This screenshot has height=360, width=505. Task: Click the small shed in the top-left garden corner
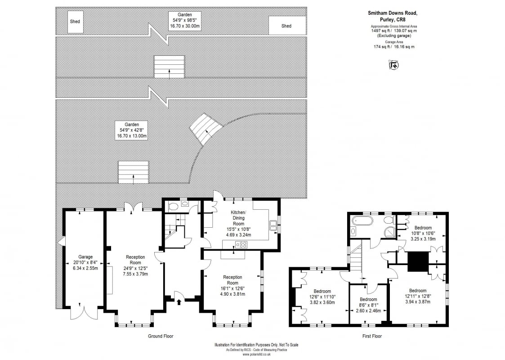point(75,22)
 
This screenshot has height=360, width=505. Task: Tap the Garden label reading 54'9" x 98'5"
point(185,20)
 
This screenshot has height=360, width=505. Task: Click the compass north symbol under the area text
point(393,65)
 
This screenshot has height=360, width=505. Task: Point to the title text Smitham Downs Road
point(393,13)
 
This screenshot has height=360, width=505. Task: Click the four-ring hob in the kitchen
point(241,245)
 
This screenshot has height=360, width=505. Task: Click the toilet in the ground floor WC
point(173,206)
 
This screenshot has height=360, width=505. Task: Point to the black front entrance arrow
point(179,301)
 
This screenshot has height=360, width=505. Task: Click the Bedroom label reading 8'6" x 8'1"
point(368,305)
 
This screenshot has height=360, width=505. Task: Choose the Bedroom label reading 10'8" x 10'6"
point(423,234)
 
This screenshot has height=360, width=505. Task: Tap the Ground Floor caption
point(161,336)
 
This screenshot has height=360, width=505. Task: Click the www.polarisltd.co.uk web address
point(256,354)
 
